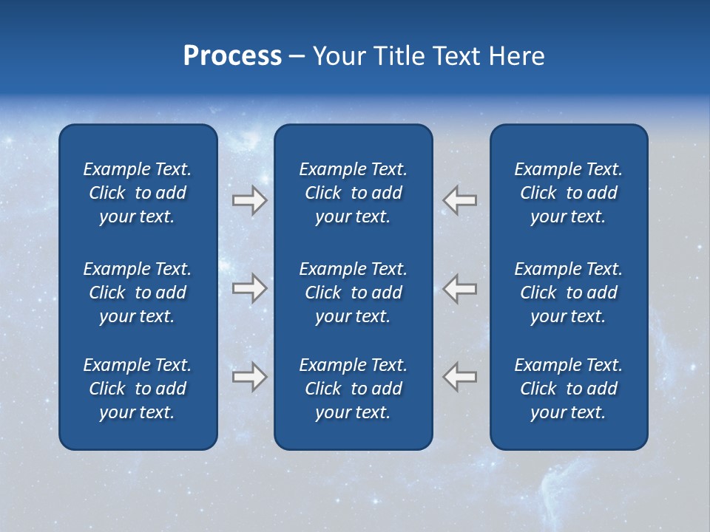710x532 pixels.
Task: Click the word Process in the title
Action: tap(232, 56)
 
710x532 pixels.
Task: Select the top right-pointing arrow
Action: tap(249, 200)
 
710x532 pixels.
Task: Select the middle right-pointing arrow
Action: tap(249, 288)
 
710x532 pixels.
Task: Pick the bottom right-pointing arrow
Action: tap(249, 376)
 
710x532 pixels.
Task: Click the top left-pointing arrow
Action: tap(460, 200)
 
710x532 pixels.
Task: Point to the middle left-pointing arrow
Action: tap(460, 288)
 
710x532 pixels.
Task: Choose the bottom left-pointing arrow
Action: tap(460, 376)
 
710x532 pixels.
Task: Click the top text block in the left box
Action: tap(138, 193)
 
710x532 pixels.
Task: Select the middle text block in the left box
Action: tap(138, 293)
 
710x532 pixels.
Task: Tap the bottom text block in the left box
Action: tap(138, 389)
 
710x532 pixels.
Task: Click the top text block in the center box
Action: tap(353, 193)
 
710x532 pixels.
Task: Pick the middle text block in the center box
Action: tap(353, 293)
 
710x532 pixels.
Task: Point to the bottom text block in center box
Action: tap(353, 389)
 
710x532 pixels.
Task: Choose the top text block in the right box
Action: tap(568, 193)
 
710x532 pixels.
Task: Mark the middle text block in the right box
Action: tap(568, 293)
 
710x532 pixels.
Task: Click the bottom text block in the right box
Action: tap(568, 389)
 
